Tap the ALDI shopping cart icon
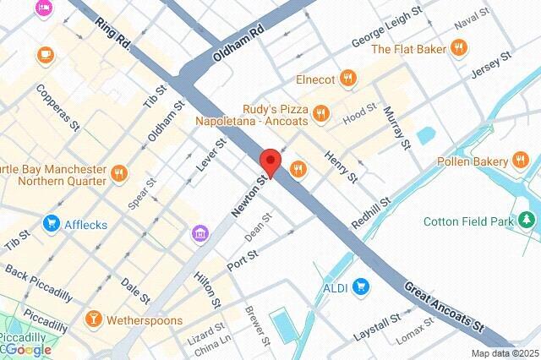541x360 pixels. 362,286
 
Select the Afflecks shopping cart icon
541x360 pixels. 51,224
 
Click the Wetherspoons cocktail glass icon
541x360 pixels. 93,319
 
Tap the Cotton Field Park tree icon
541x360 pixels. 528,221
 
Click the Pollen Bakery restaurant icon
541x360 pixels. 524,161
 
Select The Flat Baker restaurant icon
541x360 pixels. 460,49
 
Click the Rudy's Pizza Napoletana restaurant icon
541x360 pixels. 320,113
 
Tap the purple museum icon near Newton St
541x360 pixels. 199,232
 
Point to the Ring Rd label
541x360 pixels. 112,33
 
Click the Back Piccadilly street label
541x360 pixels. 39,283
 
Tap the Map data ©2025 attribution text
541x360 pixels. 504,353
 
